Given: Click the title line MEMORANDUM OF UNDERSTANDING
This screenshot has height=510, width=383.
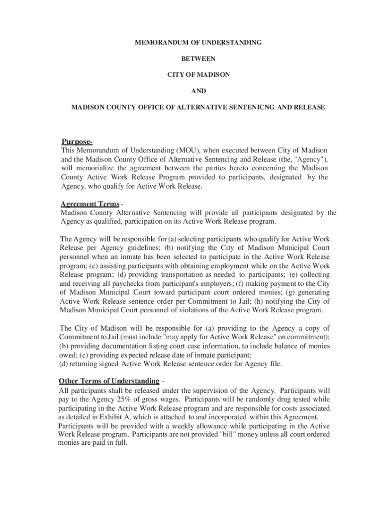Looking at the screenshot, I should coord(198,43).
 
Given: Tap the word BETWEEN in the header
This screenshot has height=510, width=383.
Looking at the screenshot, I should coord(198,59).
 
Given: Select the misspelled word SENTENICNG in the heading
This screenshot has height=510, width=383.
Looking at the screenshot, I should coord(251,107).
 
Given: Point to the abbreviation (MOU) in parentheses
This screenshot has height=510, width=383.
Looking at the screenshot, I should coord(187,150).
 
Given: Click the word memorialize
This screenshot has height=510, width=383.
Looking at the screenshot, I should coord(95,168).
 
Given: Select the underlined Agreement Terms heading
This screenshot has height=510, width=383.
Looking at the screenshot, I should coord(90,204).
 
